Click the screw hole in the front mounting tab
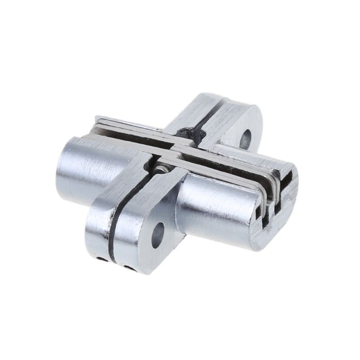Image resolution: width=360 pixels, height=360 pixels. tap(158, 234)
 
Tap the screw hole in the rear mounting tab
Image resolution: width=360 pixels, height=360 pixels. tap(246, 139)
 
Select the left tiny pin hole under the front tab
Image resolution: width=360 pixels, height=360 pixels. tap(103, 259)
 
